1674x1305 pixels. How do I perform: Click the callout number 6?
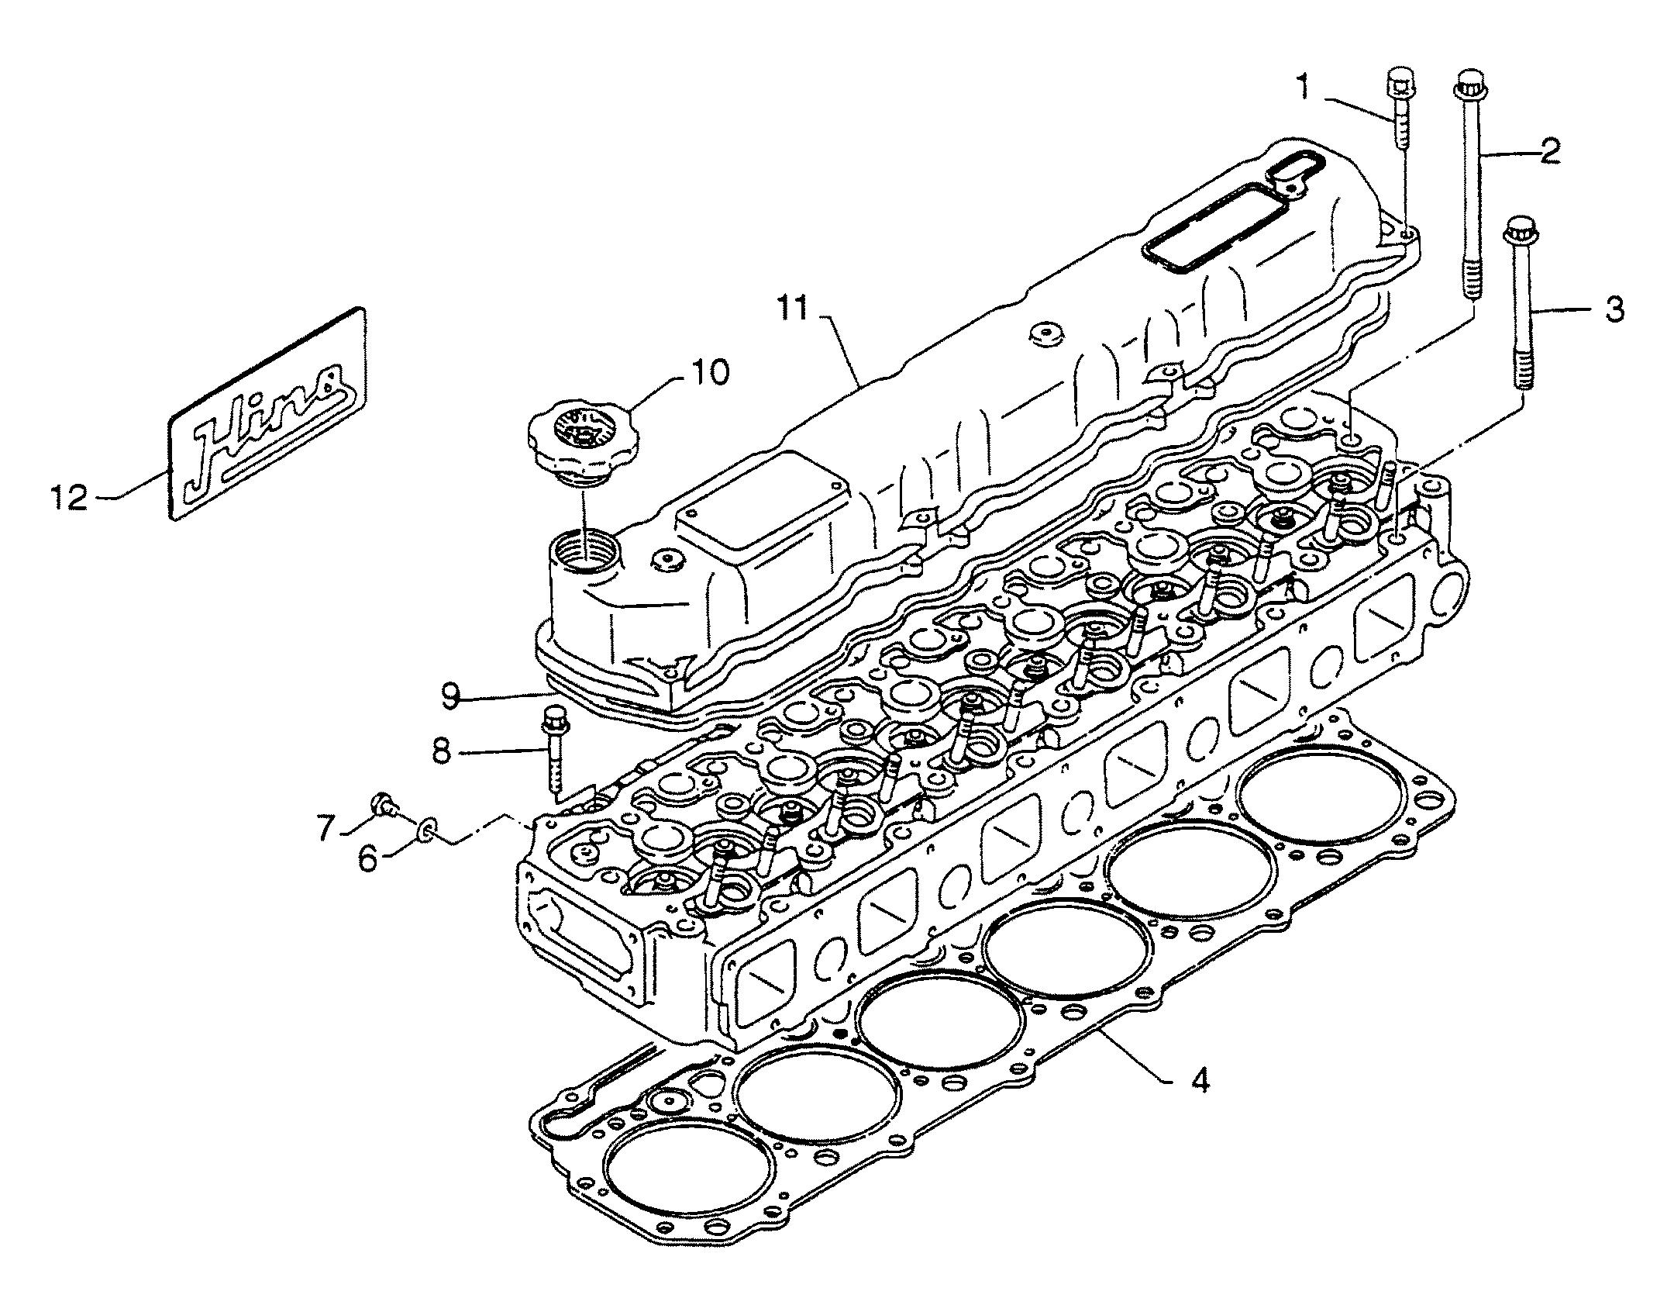tap(370, 859)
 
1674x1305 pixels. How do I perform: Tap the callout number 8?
tap(442, 751)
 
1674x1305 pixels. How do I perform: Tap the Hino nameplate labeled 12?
tap(267, 414)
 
